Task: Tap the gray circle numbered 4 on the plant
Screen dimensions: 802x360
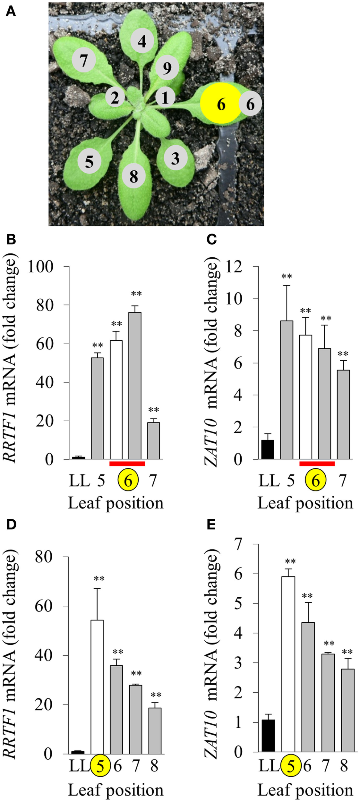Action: [x=142, y=41]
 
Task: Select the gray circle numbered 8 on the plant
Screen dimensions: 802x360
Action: [x=134, y=176]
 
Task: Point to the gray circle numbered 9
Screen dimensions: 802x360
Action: [x=167, y=68]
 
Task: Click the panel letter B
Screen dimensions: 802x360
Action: [x=11, y=240]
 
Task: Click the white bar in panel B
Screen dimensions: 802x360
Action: [x=116, y=399]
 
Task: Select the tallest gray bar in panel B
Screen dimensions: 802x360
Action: [x=135, y=385]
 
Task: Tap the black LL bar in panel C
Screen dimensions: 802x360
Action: [x=268, y=449]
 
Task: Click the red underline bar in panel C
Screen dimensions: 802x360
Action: [x=317, y=463]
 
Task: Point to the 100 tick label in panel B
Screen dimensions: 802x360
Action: [x=40, y=267]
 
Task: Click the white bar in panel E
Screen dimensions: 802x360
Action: [x=288, y=664]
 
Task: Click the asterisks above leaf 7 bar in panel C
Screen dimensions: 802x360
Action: [x=343, y=354]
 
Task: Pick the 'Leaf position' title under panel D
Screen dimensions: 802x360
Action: [x=116, y=790]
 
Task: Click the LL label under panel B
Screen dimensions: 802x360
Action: [x=79, y=481]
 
